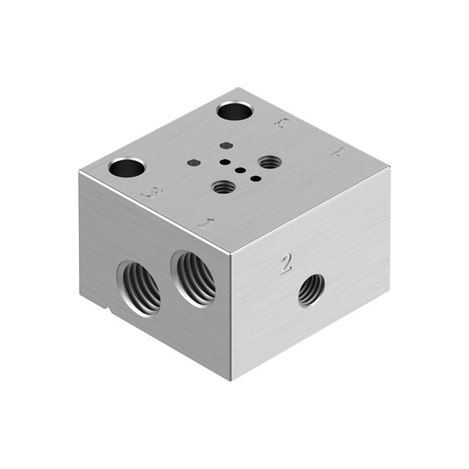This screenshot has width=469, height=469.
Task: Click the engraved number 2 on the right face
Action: (x=286, y=264)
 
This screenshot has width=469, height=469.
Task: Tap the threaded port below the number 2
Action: (x=311, y=291)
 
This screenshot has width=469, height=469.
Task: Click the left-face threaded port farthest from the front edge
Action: (x=139, y=287)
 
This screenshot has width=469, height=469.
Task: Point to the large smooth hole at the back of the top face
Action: (x=234, y=111)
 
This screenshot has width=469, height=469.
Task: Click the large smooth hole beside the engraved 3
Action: (x=127, y=167)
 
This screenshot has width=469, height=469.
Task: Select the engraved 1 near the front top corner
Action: (x=206, y=223)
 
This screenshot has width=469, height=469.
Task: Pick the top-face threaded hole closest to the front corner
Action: (x=224, y=187)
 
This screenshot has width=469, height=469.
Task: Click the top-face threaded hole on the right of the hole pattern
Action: (x=270, y=162)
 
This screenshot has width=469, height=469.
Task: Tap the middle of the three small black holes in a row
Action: (x=240, y=170)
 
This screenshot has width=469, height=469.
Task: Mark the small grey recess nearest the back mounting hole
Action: (x=225, y=145)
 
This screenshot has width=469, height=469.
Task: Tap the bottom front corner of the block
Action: (x=231, y=381)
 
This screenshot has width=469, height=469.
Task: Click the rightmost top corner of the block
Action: (x=388, y=166)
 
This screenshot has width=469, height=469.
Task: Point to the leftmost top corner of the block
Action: (x=80, y=172)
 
